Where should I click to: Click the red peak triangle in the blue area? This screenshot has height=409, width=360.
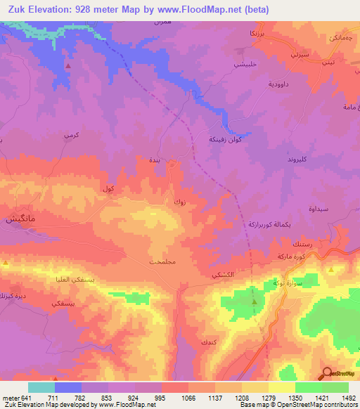pos(67,66)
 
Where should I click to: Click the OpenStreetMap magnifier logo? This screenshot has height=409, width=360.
pos(328,373)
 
